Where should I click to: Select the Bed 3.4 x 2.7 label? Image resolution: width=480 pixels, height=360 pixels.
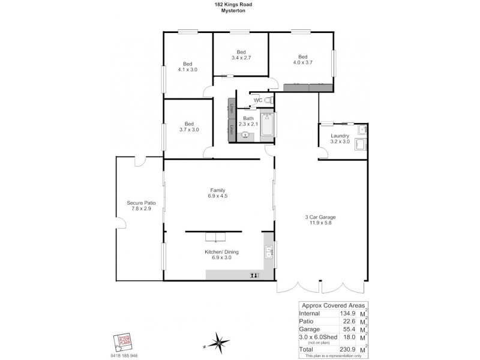point(241,55)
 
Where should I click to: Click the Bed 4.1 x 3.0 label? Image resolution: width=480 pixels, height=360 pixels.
point(187,67)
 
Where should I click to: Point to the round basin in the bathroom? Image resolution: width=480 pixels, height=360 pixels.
point(245,136)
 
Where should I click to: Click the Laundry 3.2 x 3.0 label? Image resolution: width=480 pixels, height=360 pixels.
point(340,139)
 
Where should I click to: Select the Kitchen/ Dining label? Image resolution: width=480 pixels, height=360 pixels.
point(222,255)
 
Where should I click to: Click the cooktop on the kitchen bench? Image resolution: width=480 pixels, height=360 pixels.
point(254,275)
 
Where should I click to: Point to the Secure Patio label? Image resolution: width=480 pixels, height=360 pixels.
point(141,206)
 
